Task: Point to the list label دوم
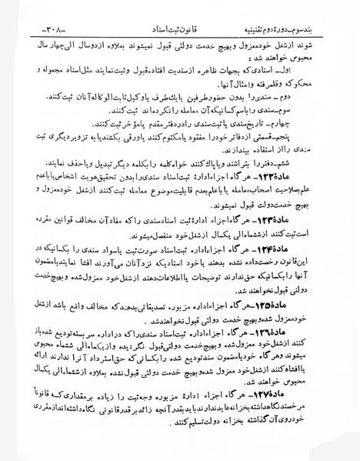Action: [335, 99]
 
